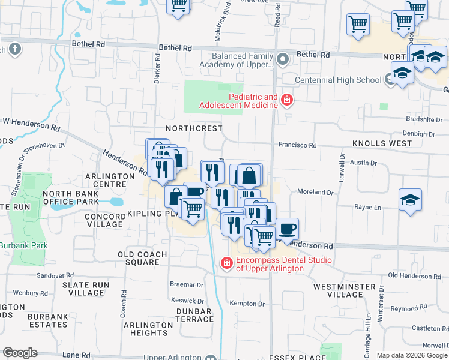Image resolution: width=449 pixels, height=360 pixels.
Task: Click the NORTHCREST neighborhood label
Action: (194, 128)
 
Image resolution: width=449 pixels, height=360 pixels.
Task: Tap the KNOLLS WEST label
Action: (382, 143)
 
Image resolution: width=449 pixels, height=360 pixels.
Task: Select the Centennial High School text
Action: (338, 80)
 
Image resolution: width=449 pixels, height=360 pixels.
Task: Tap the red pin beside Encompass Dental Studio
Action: (226, 263)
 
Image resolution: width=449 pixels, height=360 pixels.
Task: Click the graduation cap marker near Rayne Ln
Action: (410, 200)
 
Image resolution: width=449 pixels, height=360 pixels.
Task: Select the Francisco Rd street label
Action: (297, 145)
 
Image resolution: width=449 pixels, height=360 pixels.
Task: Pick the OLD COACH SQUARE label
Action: (138, 258)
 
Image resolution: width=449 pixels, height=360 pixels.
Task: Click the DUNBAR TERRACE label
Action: (194, 315)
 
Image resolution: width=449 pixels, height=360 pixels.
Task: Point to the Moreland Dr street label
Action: (315, 192)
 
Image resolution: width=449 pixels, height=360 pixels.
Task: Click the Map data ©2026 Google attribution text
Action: (411, 355)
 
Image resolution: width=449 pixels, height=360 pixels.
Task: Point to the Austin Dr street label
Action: (363, 163)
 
